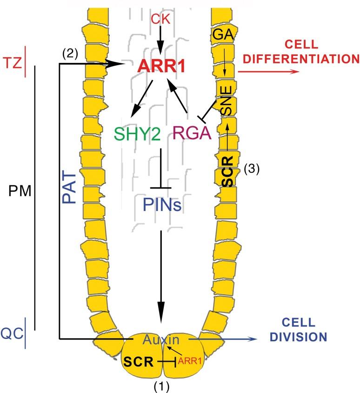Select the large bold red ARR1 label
[161, 66]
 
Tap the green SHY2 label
[138, 134]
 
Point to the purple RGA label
[192, 134]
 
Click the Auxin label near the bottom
[161, 339]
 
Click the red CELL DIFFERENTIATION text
[298, 53]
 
